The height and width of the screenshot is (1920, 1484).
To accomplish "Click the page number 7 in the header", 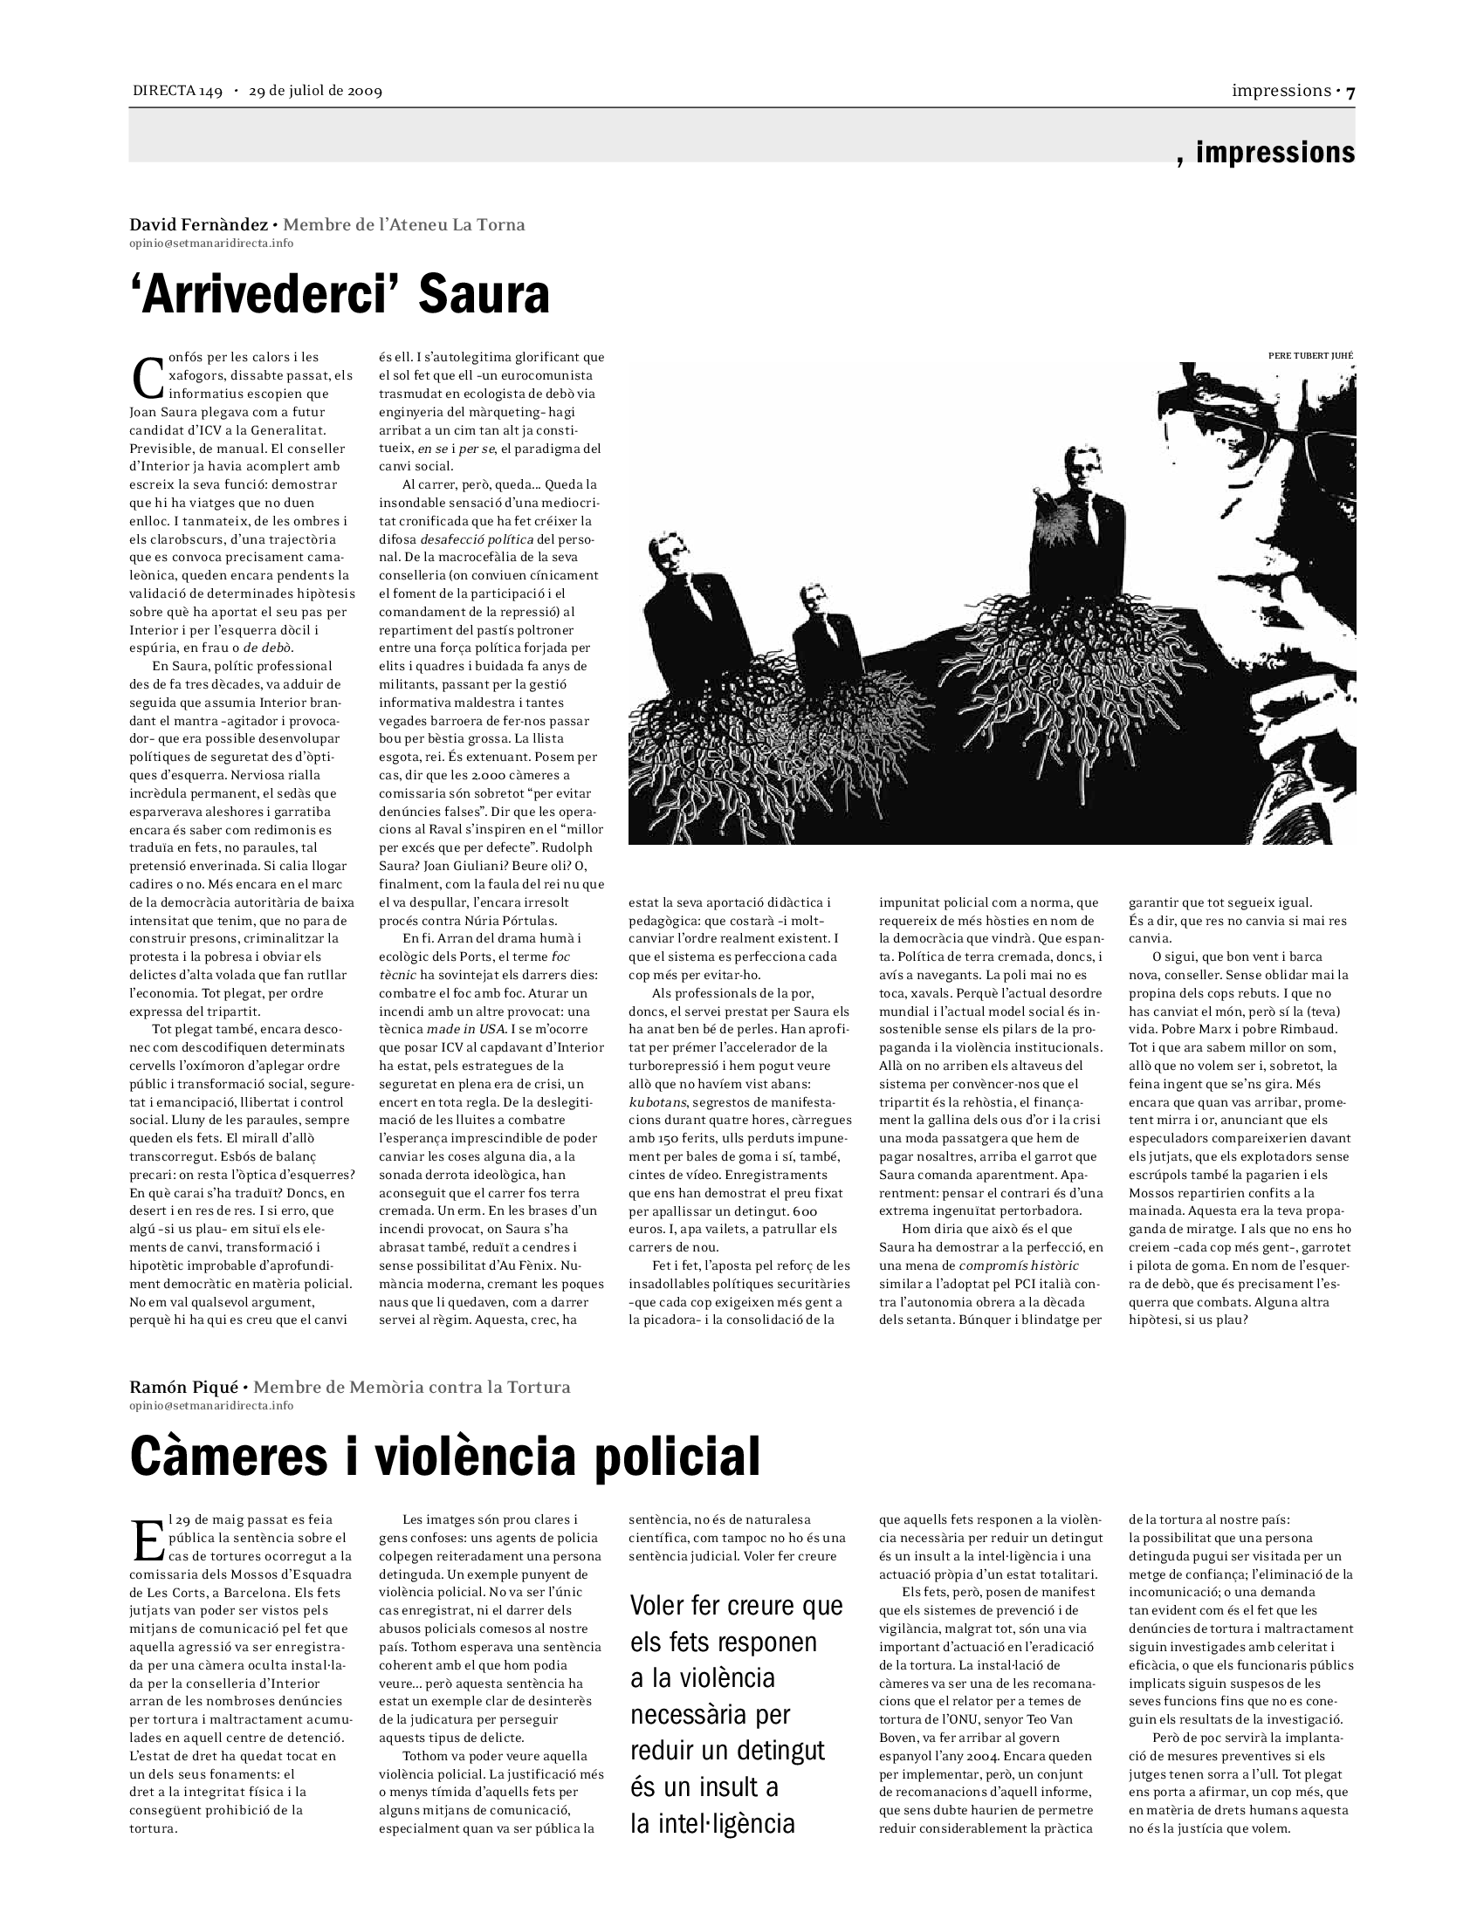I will coord(1350,92).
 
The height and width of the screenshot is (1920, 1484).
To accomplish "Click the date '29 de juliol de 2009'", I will coord(315,92).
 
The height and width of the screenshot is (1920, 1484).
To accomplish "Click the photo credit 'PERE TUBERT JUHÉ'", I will coord(1311,355).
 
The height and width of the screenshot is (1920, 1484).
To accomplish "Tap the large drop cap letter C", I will coord(147,377).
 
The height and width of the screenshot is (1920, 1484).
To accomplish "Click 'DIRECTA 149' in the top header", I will coord(176,92).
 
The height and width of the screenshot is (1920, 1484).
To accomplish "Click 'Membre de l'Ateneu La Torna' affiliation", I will coord(403,224).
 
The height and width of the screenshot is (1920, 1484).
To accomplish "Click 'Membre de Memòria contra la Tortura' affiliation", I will coord(411,1388).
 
